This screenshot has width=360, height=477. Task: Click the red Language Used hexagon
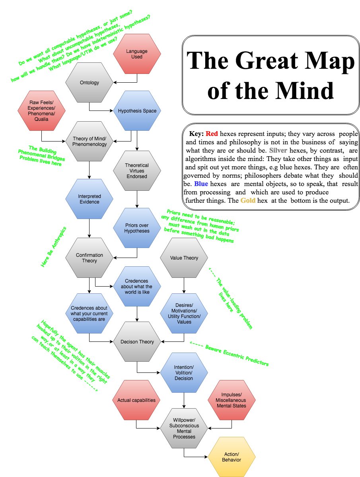click(137, 54)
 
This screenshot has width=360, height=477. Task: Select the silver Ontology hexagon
click(90, 83)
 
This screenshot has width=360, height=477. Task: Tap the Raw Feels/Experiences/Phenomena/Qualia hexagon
click(41, 111)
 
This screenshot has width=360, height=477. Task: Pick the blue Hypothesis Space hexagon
click(137, 111)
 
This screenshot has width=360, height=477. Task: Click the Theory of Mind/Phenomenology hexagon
click(90, 142)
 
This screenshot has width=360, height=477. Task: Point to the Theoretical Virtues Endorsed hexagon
click(137, 171)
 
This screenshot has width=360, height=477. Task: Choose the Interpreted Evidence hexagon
click(90, 199)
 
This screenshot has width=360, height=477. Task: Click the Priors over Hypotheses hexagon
click(137, 228)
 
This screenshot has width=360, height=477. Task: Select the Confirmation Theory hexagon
click(90, 258)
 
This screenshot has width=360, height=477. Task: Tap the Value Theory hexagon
click(184, 258)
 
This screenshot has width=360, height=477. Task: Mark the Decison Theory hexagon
click(137, 342)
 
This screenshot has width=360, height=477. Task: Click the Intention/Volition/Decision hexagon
click(184, 372)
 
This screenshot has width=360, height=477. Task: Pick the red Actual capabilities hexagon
click(136, 400)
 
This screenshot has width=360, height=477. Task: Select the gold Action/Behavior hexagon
click(232, 457)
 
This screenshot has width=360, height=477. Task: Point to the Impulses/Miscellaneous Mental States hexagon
click(232, 400)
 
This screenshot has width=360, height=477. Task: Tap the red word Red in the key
click(212, 134)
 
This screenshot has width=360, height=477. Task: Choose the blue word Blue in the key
click(201, 184)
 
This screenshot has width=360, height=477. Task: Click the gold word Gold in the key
click(248, 201)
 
